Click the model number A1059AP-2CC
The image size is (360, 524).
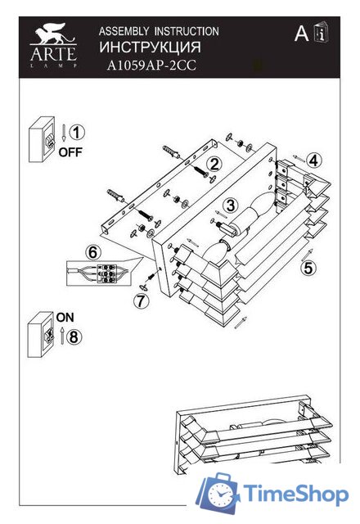coord(151,65)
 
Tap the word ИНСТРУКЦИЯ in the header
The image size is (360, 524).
coord(150,47)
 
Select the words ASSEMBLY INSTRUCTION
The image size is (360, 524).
coord(159,31)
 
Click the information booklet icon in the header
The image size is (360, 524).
coord(322,33)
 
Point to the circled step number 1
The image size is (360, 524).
coord(77,133)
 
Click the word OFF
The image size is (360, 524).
coord(70,152)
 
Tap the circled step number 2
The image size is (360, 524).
coord(214,164)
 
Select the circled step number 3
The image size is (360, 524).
coord(231,205)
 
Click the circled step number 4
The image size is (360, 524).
coord(313,160)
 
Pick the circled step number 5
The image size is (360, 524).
coord(308,268)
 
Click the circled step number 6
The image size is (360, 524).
coord(93,252)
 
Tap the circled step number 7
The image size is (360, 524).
coord(142,300)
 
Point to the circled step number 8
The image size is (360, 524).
coord(74,337)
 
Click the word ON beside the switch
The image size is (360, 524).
coord(65,317)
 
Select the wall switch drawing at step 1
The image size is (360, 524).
coord(42,139)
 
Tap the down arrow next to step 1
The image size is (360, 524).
coord(64,133)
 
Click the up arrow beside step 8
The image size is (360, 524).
coord(62,337)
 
